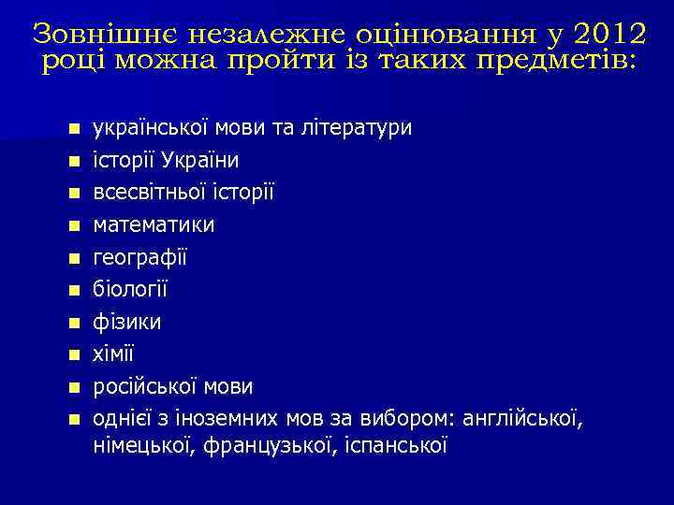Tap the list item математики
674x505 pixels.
pyautogui.click(x=154, y=224)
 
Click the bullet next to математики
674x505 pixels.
pyautogui.click(x=74, y=225)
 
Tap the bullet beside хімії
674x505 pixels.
pyautogui.click(x=74, y=354)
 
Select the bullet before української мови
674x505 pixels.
pyautogui.click(x=74, y=128)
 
